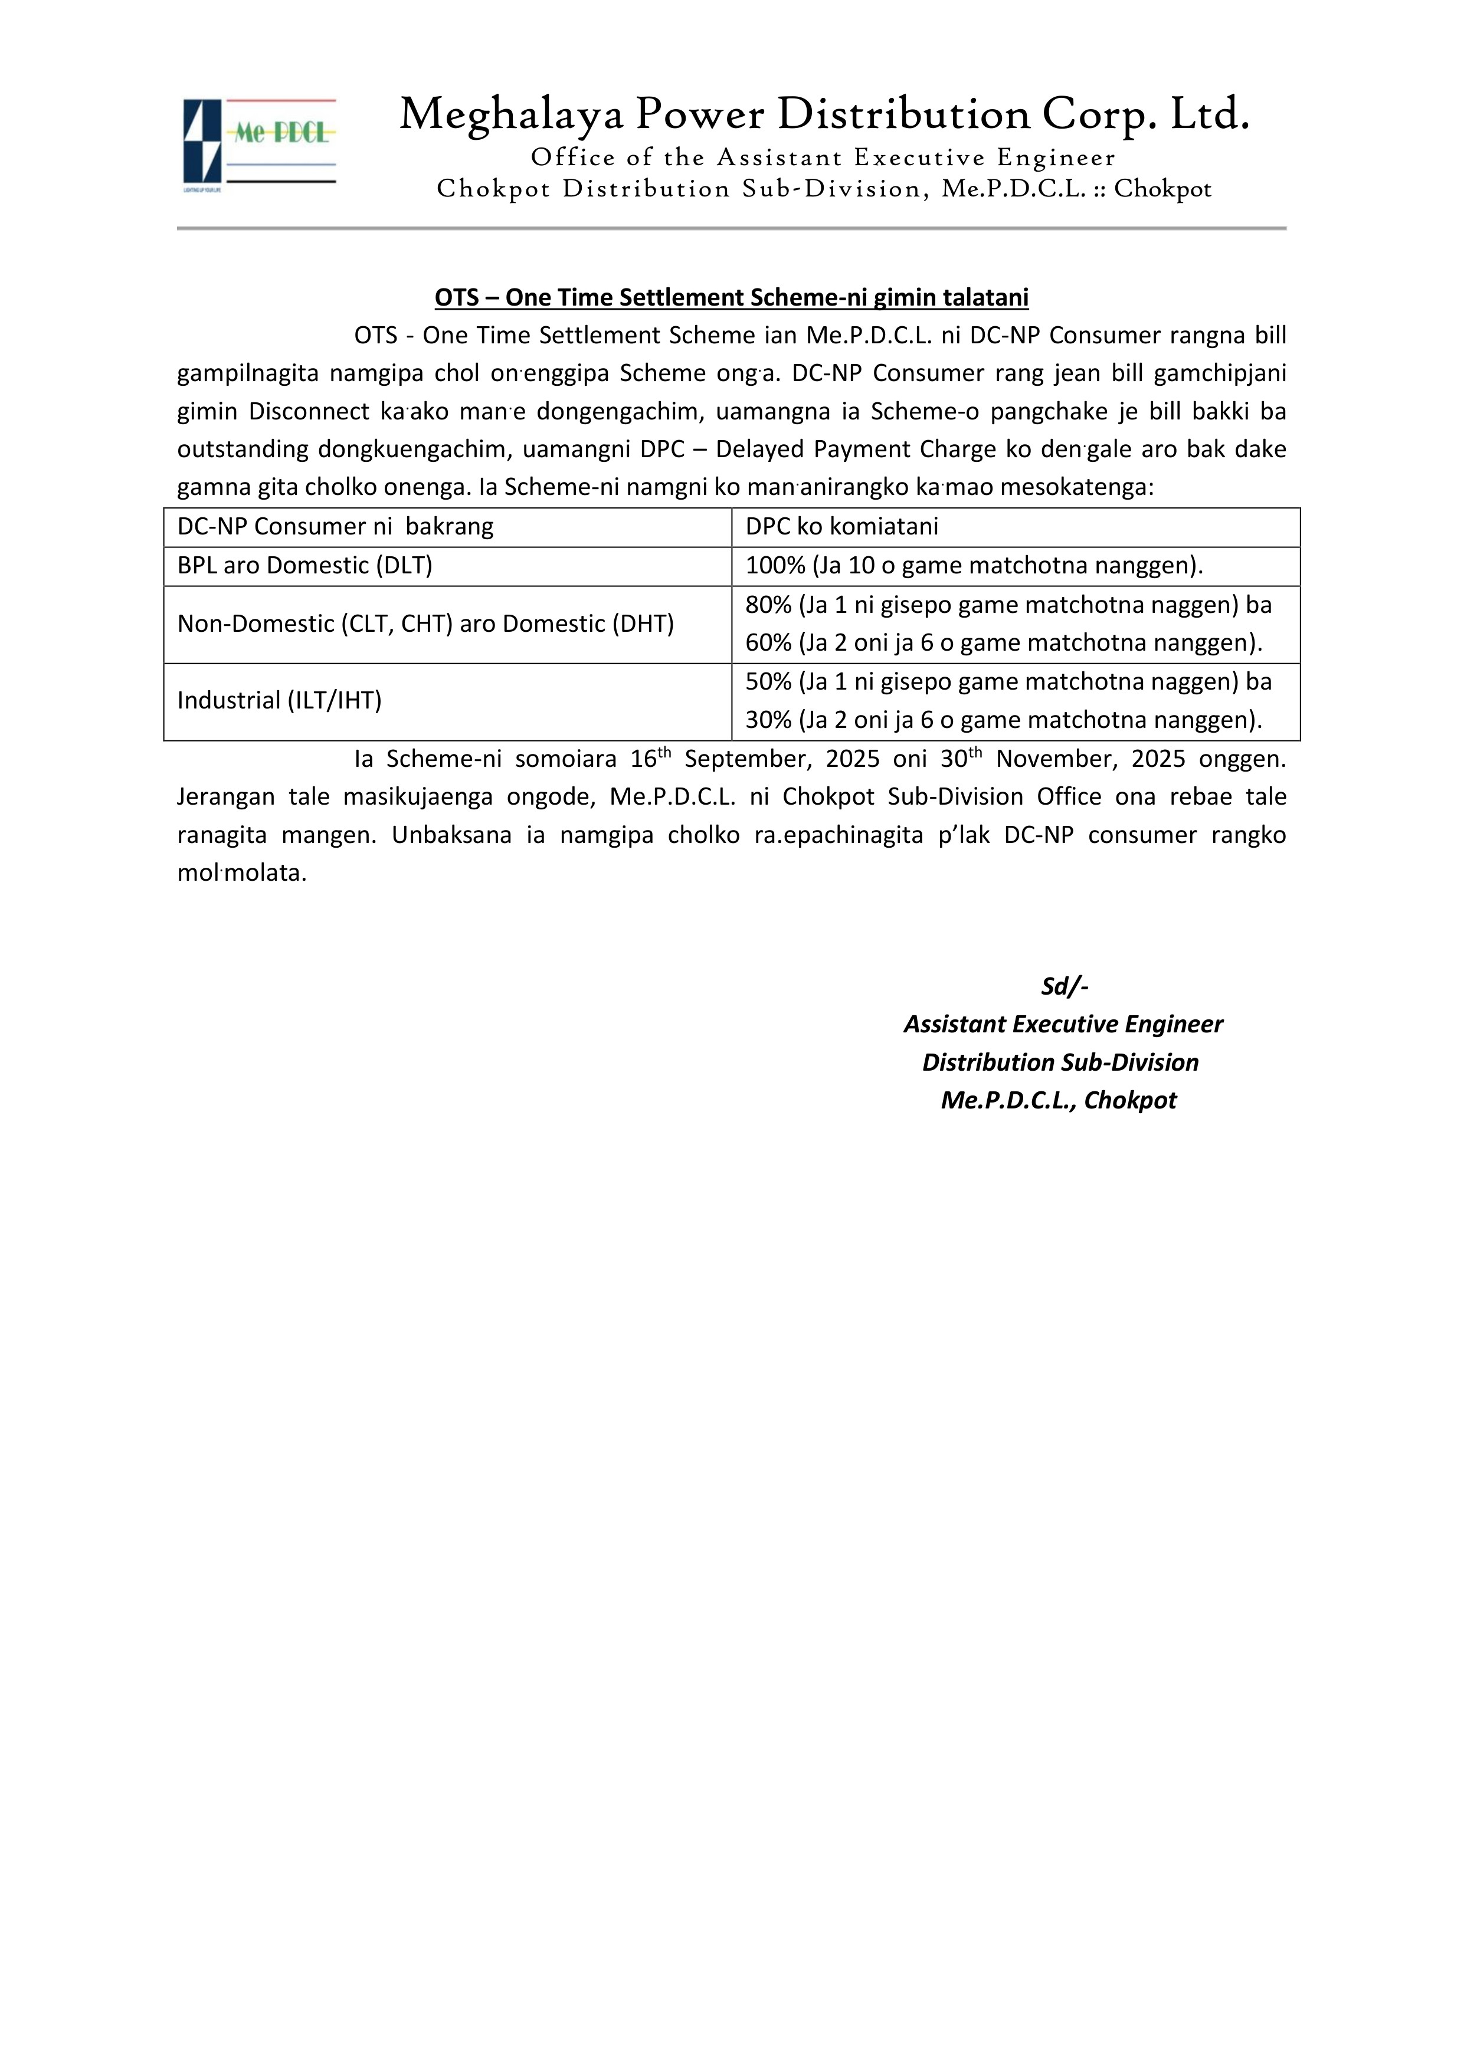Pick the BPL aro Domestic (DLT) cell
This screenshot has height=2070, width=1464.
tap(305, 565)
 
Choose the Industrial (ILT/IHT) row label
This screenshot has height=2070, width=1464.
tap(280, 700)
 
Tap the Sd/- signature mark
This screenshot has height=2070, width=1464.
tap(1065, 986)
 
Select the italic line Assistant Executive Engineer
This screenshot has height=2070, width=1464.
tap(1063, 1024)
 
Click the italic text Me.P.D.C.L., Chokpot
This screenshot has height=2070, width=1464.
tap(1058, 1100)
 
